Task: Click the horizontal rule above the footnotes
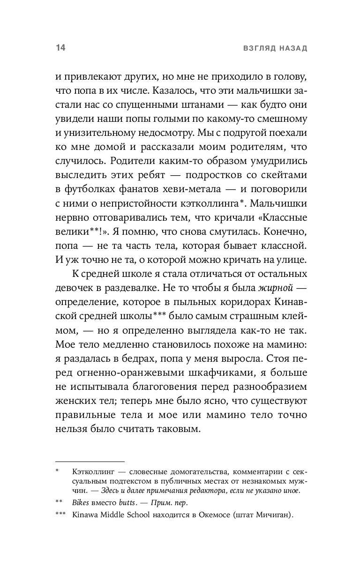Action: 90,462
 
